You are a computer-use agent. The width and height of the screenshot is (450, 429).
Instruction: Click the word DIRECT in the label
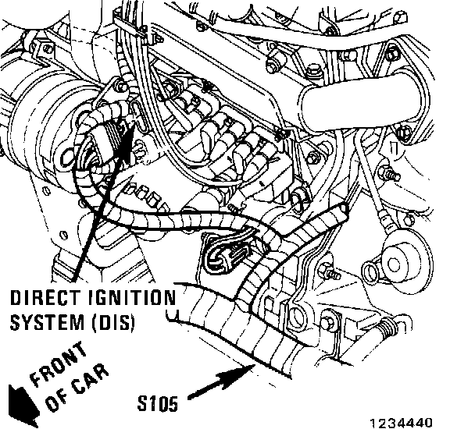click(x=45, y=297)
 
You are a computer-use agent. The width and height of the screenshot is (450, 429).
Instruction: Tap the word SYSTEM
click(x=48, y=322)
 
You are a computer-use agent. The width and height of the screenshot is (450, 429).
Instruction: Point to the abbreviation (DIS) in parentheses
click(x=114, y=322)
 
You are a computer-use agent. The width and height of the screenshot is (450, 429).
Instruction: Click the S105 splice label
click(x=158, y=403)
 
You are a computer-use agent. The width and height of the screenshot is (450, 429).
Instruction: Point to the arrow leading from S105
click(x=222, y=381)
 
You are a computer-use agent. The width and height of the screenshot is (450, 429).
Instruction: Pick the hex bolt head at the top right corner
click(x=399, y=18)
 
